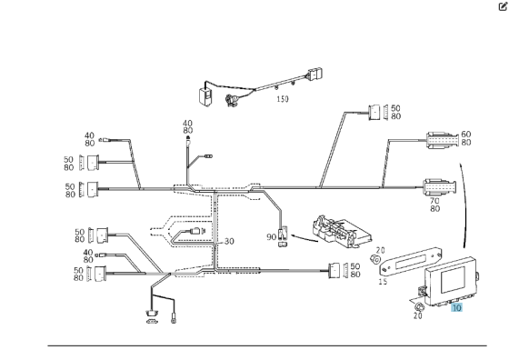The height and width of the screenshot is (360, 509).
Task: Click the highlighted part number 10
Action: pos(456,308)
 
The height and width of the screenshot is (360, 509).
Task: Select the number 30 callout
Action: pos(228,241)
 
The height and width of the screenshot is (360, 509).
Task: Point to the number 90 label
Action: pos(271,237)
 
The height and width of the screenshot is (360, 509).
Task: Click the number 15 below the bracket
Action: pos(382,282)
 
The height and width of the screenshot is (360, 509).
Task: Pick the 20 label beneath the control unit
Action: pos(417,315)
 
